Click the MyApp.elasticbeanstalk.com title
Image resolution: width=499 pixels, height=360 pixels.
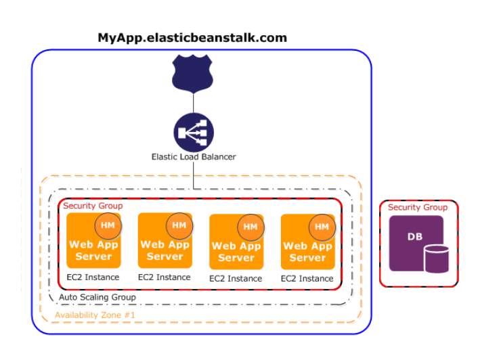[192, 38]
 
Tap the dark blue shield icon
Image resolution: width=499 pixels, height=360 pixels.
[192, 74]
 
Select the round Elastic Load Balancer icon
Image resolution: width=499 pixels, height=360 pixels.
[194, 133]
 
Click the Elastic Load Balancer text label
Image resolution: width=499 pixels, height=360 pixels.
[194, 157]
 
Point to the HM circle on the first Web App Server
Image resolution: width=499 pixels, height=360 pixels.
[108, 225]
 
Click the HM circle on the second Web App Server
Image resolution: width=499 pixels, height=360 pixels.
[179, 225]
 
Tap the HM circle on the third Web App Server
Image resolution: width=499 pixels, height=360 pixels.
[251, 227]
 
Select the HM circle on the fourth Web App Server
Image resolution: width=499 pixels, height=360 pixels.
[322, 227]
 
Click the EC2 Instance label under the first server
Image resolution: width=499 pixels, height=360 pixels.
[93, 277]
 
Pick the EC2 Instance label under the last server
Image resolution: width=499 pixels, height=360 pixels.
[307, 279]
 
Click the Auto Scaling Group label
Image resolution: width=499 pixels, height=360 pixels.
[97, 297]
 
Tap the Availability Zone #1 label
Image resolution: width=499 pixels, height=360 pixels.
[95, 315]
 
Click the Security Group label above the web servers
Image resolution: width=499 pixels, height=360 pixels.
[93, 206]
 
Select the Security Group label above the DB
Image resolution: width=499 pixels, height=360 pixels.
[418, 207]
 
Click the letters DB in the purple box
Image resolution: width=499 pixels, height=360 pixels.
[415, 237]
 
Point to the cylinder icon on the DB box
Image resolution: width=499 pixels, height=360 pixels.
[436, 259]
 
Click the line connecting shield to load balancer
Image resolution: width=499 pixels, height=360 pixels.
[193, 103]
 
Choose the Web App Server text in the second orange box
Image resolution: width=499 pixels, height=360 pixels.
[165, 250]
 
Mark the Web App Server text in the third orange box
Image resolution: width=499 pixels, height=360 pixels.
[236, 252]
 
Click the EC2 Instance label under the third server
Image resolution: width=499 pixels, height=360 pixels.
[236, 279]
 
